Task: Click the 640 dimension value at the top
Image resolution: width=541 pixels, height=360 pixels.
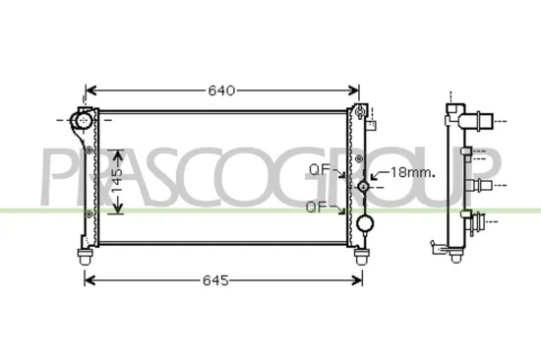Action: click(x=221, y=90)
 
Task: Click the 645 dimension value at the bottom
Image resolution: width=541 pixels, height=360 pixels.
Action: click(x=216, y=280)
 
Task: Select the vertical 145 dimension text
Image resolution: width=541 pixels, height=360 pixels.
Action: click(x=116, y=181)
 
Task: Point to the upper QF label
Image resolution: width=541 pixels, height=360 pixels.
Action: click(x=318, y=169)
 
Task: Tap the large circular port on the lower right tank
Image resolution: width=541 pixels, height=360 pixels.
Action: click(x=365, y=223)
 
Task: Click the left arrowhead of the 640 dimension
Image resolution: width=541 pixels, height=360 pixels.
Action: click(x=90, y=90)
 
